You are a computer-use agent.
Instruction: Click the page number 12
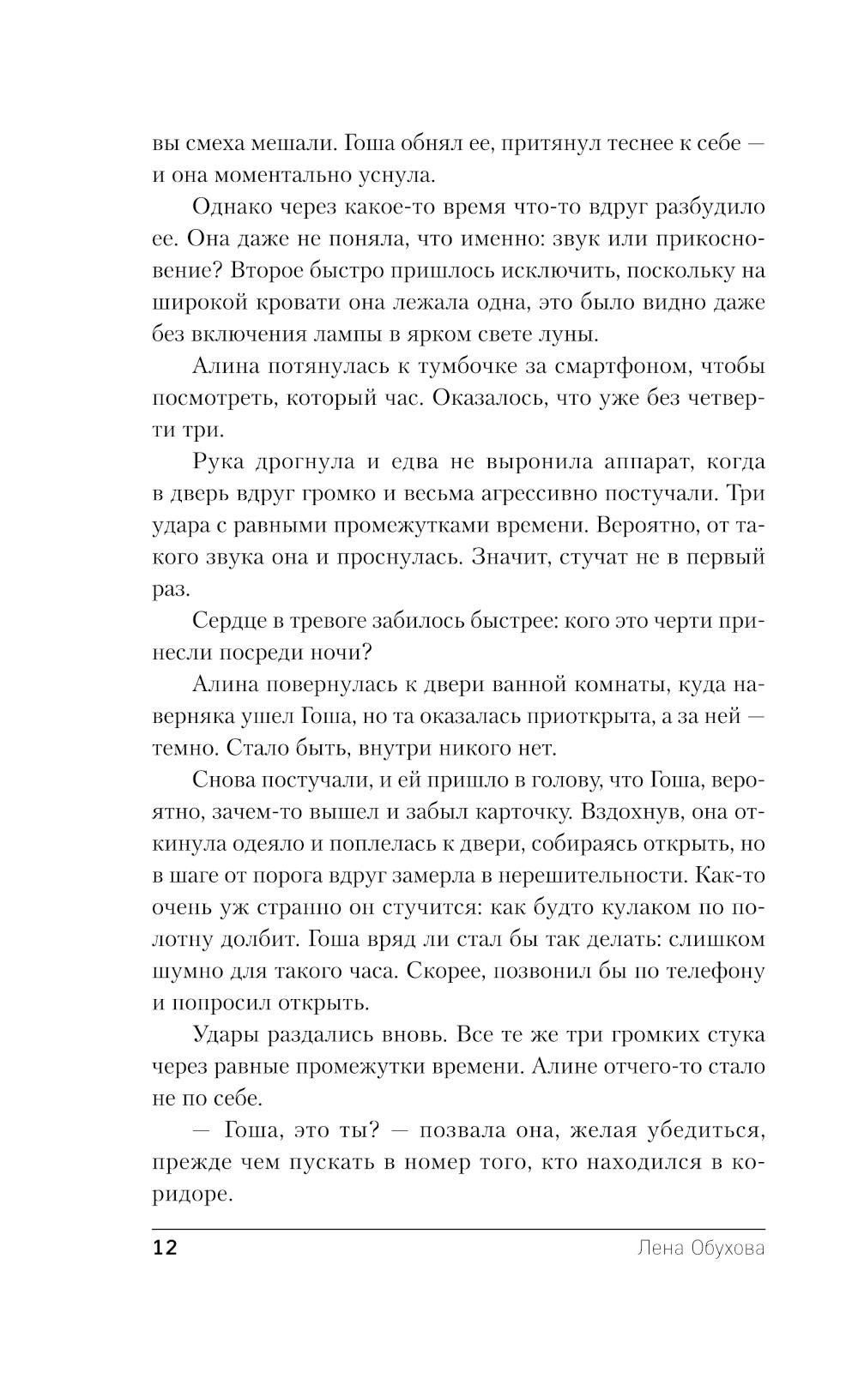pyautogui.click(x=165, y=1248)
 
